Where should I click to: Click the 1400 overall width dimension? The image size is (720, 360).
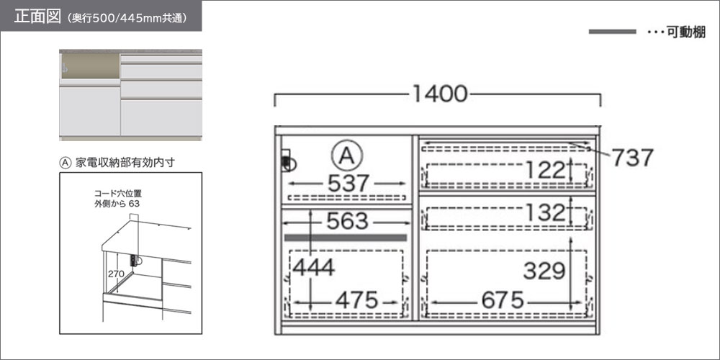(x=439, y=94)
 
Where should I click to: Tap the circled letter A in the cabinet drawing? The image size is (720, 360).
(x=346, y=156)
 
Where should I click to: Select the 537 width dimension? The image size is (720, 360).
(x=348, y=184)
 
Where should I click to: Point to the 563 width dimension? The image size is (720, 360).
(x=347, y=222)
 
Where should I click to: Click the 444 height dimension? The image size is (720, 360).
(x=313, y=268)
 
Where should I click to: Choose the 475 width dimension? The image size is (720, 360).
(x=357, y=301)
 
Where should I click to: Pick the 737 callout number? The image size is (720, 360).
(x=632, y=158)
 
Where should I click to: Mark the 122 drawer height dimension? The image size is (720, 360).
(x=545, y=171)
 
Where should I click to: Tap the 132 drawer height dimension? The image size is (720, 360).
(x=545, y=212)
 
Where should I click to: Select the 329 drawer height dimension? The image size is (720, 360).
(x=544, y=271)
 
